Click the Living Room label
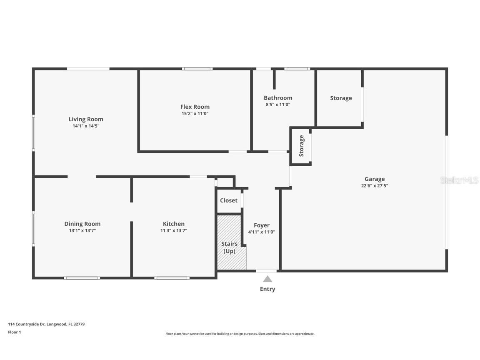coord(86,119)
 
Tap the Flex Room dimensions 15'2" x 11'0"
coord(195,113)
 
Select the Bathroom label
coord(278,98)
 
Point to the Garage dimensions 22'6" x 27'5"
coord(375,186)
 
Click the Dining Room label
coord(82,224)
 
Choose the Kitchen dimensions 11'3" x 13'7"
coord(174,230)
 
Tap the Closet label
coord(229,200)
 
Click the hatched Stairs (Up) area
coord(229,247)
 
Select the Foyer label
coord(262,225)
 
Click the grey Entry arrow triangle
coord(267,279)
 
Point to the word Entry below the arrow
coord(267,289)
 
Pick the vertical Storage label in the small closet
coord(301,146)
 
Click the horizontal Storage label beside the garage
coord(341,98)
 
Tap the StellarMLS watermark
coord(459,180)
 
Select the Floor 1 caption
coord(14,332)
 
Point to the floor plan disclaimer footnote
coord(240,334)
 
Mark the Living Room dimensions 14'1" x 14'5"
coord(86,126)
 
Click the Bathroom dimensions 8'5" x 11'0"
coord(278,105)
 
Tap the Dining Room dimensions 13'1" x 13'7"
coord(82,230)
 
